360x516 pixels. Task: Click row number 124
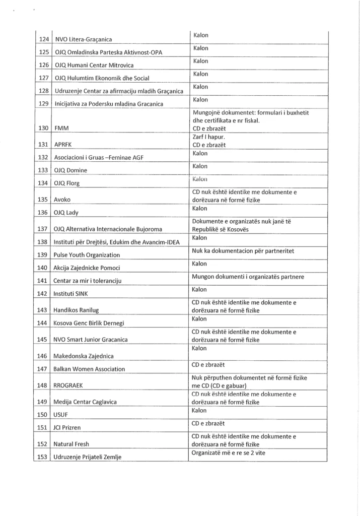[x=43, y=39]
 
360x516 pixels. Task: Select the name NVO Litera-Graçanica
[x=83, y=39]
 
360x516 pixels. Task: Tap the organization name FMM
[x=61, y=128]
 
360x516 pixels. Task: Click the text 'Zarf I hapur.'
[x=209, y=137]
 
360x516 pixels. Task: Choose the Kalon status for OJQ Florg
[x=200, y=179]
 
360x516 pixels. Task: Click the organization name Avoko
[x=63, y=199]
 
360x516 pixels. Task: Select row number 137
[x=43, y=229]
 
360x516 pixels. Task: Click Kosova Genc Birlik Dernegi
[x=89, y=322]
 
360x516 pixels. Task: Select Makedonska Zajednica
[x=84, y=356]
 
